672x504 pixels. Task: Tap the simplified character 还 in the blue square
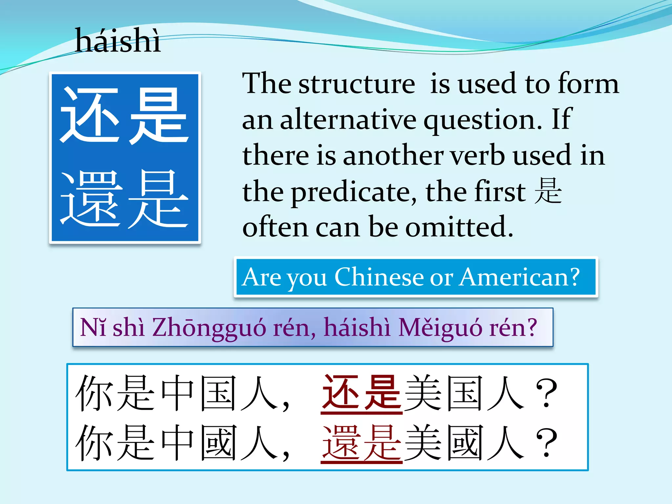[x=89, y=115]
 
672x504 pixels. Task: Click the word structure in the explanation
[x=357, y=84]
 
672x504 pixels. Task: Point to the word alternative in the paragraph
[x=348, y=120]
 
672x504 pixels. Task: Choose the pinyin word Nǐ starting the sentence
[x=93, y=327]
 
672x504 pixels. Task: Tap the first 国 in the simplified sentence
[x=218, y=393]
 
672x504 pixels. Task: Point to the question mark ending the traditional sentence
[x=547, y=443]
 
